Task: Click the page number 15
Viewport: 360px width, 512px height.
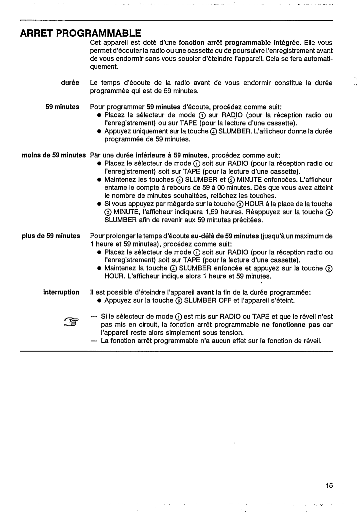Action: pos(329,485)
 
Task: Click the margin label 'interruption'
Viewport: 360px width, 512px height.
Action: pos(61,292)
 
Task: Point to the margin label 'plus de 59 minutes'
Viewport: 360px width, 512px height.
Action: pos(51,236)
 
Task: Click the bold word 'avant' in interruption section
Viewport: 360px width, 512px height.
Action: pos(205,292)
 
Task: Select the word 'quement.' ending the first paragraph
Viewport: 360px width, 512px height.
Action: pos(104,67)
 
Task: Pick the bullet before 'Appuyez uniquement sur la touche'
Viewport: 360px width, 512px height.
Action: pos(99,131)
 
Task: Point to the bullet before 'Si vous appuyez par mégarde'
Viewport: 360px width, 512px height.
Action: pos(99,204)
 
